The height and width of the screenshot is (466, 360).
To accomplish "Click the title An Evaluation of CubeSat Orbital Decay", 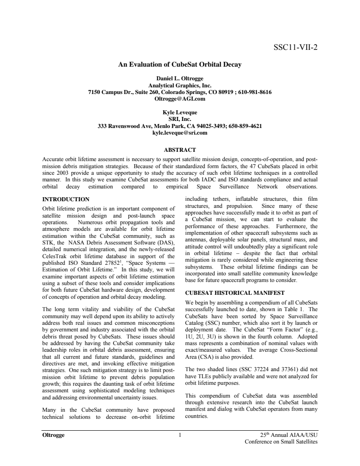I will coord(180,65).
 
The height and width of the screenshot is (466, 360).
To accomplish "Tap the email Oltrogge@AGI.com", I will coord(180,98).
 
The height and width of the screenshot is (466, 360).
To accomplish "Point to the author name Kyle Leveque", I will coord(180,113).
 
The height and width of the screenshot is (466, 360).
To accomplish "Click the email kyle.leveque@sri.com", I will coord(180,132).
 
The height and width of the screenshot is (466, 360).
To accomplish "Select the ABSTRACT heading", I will coord(180,150).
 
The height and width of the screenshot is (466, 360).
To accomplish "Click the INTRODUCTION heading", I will coord(66,199).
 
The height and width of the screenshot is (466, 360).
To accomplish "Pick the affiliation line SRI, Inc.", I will coord(180,119).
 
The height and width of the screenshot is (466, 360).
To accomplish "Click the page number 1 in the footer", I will coord(180,435).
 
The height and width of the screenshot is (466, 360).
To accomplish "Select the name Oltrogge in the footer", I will coord(53,435).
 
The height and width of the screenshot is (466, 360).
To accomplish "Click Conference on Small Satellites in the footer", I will coord(281,442).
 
